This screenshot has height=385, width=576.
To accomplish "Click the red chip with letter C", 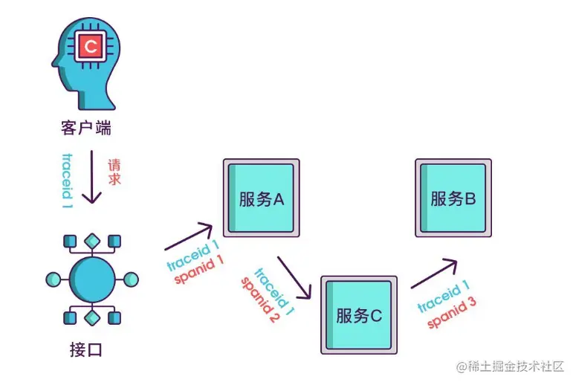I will point(91,48).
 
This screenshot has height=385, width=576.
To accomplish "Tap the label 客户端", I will point(86,127).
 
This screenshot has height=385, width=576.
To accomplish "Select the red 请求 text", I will point(114,172).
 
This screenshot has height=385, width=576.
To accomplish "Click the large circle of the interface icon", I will point(91,279).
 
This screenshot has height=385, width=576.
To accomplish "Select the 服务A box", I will point(262,198).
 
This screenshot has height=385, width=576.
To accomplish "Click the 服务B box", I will point(453,198).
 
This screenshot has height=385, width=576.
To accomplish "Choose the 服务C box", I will point(357,314).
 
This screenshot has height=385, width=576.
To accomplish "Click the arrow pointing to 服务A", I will point(189,237).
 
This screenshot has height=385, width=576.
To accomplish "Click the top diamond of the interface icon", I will point(91,240).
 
